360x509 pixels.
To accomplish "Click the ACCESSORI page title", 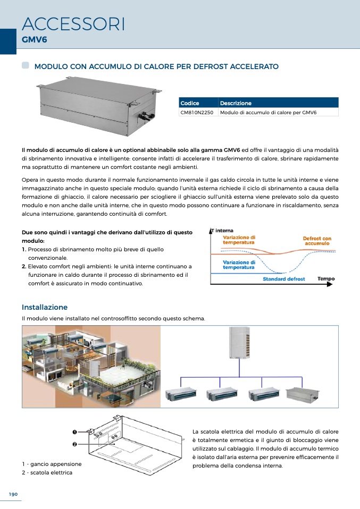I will [x=74, y=24].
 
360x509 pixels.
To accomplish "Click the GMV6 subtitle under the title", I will [x=35, y=40].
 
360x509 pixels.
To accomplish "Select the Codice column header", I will [x=190, y=103].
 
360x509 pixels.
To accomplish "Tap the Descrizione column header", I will [x=236, y=103].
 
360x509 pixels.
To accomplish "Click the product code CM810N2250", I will [x=197, y=113].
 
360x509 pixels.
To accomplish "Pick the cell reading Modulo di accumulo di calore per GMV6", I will [x=268, y=113].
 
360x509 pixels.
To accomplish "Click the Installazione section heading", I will [x=45, y=307].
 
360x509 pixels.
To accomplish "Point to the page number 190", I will [x=13, y=494].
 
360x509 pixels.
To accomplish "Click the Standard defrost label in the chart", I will [x=284, y=279].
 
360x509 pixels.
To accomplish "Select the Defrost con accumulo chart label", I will [x=317, y=241].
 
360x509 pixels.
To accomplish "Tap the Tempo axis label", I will [x=326, y=278].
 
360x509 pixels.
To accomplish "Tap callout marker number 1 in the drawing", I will [x=76, y=431].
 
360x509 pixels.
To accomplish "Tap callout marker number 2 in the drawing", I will [x=76, y=444].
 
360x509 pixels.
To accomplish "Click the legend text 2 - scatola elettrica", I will [x=47, y=472].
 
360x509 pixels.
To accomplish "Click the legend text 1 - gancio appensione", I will [x=52, y=464].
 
